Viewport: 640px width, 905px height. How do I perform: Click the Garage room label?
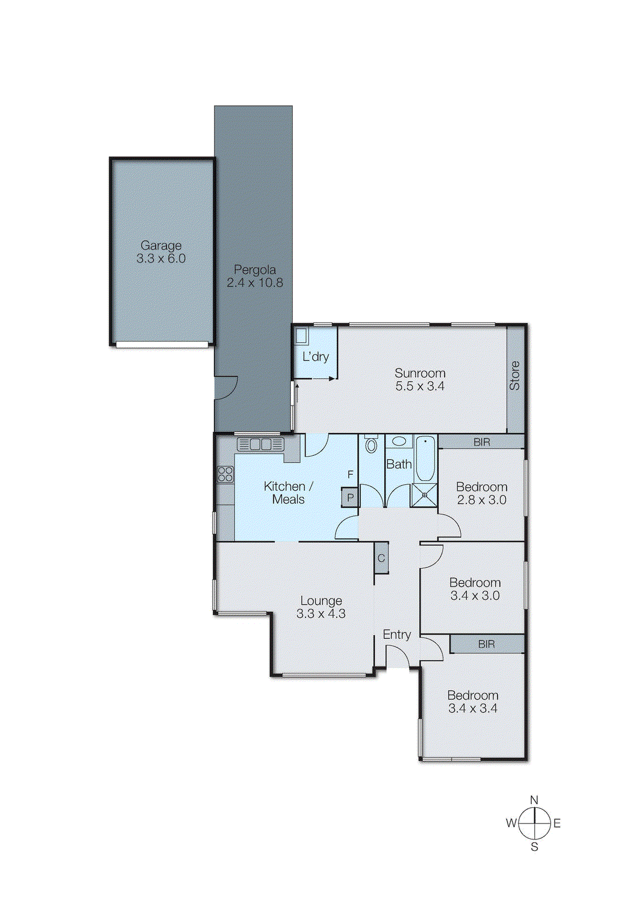click(161, 245)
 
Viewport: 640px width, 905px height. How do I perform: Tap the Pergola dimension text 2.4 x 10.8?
click(255, 283)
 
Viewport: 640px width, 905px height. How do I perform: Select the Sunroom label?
click(420, 373)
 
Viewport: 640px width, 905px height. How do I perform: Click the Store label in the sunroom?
click(515, 376)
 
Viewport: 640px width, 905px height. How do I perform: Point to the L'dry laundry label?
click(315, 357)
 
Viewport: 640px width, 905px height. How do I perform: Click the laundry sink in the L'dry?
click(301, 335)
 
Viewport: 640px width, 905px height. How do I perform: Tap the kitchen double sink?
click(260, 445)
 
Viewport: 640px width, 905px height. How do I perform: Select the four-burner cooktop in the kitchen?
click(225, 474)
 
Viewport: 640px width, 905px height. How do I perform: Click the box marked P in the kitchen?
click(350, 498)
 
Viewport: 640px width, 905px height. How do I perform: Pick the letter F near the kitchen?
click(350, 475)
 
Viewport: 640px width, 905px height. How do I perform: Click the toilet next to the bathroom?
click(371, 445)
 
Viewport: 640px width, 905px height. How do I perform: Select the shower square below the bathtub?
click(425, 495)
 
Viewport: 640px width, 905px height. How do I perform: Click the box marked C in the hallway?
click(381, 558)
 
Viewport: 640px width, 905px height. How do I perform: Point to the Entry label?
click(397, 635)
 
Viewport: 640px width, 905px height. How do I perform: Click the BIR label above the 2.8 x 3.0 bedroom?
click(482, 442)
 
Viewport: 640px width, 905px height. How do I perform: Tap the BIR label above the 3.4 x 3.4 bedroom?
click(487, 644)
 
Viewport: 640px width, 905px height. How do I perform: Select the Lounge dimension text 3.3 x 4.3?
click(321, 614)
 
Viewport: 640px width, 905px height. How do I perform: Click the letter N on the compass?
click(534, 800)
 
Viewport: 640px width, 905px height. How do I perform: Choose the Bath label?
click(399, 464)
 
